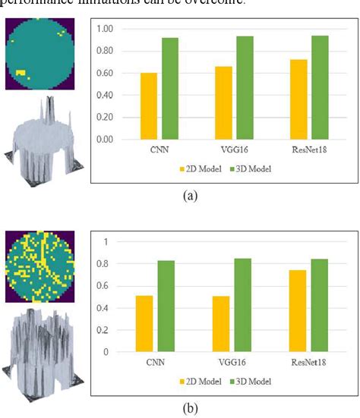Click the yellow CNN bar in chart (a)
click(149, 106)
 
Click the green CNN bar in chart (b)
click(167, 306)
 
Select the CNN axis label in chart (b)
click(158, 363)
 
